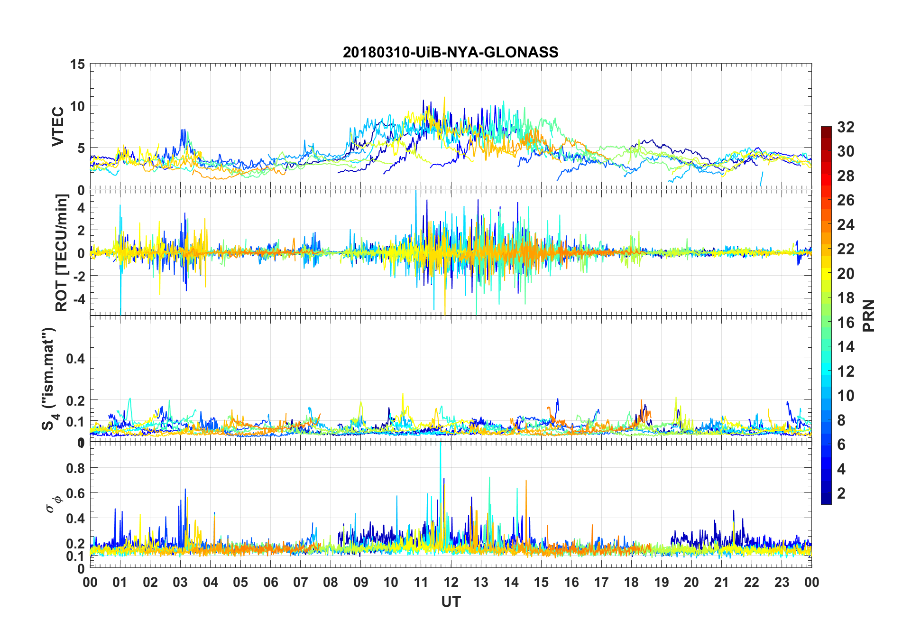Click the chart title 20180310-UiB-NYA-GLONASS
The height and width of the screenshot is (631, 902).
pyautogui.click(x=451, y=52)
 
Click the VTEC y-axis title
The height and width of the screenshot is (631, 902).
pyautogui.click(x=58, y=127)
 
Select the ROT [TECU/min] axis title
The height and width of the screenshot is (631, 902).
pyautogui.click(x=62, y=252)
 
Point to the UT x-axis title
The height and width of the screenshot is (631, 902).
pyautogui.click(x=451, y=602)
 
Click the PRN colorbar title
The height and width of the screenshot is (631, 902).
pyautogui.click(x=868, y=315)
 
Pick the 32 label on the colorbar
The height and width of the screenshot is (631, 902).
pyautogui.click(x=846, y=127)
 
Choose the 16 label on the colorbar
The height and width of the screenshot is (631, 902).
pyautogui.click(x=846, y=323)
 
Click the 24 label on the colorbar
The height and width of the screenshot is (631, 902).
pyautogui.click(x=846, y=224)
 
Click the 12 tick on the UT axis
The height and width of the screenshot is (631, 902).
pyautogui.click(x=451, y=582)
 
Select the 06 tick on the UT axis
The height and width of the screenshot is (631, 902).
pyautogui.click(x=271, y=582)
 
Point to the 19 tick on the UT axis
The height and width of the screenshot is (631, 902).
pyautogui.click(x=662, y=582)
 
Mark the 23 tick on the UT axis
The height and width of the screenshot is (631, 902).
pyautogui.click(x=782, y=582)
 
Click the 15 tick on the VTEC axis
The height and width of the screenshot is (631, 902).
pyautogui.click(x=77, y=64)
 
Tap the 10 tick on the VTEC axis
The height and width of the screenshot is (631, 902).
pyautogui.click(x=77, y=106)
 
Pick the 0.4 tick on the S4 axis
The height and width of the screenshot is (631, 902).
pyautogui.click(x=75, y=359)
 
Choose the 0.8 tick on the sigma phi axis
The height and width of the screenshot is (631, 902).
pyautogui.click(x=75, y=468)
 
